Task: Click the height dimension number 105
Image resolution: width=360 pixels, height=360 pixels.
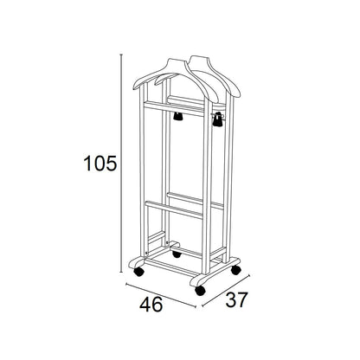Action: point(100,164)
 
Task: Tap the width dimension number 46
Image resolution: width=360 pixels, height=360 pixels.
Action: point(151,305)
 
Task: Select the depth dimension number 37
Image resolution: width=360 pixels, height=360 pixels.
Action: point(236,299)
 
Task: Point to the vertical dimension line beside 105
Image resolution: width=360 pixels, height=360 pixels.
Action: point(121,163)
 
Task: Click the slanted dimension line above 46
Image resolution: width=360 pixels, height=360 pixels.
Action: point(161,295)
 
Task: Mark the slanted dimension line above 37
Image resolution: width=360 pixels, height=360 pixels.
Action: point(226,291)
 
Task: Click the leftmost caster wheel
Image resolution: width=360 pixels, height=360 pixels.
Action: point(139,272)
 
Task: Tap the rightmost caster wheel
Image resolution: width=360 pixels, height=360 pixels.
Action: point(235,270)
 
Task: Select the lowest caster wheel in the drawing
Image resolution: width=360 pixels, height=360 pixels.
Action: point(200,290)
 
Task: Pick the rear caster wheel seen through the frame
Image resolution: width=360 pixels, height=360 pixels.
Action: point(177,254)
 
